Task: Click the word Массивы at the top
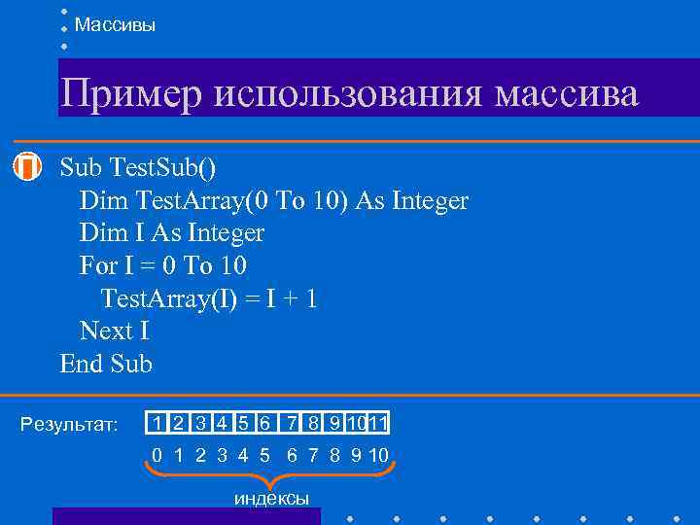coord(115,25)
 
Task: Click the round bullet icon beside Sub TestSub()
coord(30,166)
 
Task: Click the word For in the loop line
coord(98,266)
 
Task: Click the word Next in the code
coord(106,332)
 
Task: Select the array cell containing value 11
coord(380,423)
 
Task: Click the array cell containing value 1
coord(157,423)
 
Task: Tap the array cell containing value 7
coord(291,423)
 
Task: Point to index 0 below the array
coord(157,455)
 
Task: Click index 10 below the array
coord(378,455)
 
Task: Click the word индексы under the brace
coord(272,499)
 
